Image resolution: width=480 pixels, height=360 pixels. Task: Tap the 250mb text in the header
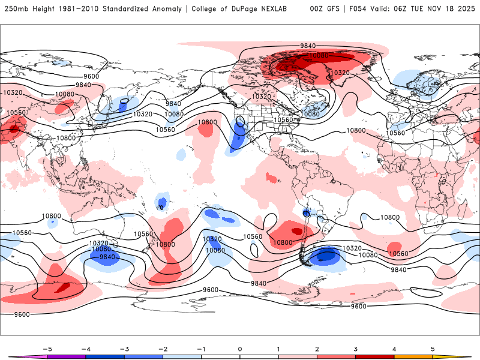click(13, 9)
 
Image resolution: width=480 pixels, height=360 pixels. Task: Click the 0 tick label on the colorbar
click(239, 349)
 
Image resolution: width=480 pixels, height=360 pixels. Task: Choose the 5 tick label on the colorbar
click(433, 349)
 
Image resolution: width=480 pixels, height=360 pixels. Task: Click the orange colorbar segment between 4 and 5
click(413, 356)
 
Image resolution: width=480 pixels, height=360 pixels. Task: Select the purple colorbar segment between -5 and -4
click(66, 356)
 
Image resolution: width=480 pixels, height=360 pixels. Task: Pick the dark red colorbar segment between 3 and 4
click(374, 356)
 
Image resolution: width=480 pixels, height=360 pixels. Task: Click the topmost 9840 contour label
click(308, 46)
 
